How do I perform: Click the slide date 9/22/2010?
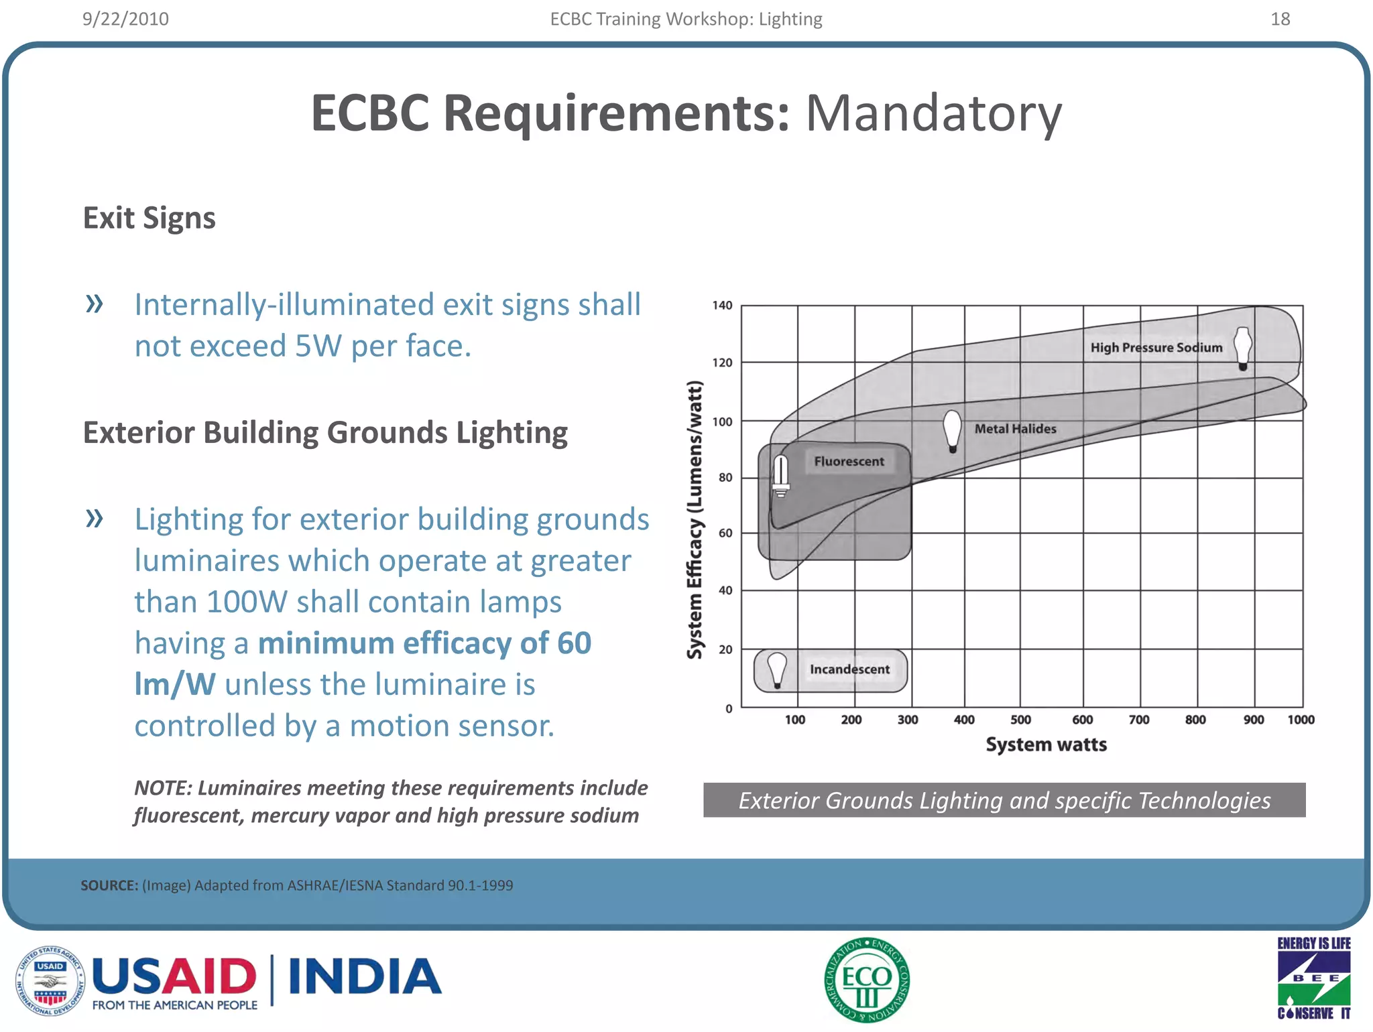click(125, 19)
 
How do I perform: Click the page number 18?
click(1280, 19)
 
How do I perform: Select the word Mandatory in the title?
click(933, 113)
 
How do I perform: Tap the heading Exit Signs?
click(149, 218)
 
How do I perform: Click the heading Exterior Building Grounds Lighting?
click(325, 433)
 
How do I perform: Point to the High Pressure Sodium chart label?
click(1156, 347)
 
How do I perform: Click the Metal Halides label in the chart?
click(1015, 429)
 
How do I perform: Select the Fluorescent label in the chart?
click(849, 461)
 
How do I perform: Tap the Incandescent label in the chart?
click(849, 669)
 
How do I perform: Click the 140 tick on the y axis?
click(722, 306)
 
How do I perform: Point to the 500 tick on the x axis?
click(1020, 720)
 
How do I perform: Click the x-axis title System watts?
click(1046, 745)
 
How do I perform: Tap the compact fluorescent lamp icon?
click(780, 475)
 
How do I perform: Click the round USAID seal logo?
click(50, 980)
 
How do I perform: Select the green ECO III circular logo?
click(867, 980)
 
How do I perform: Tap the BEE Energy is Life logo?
click(1313, 978)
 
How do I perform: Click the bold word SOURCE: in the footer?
click(109, 885)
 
